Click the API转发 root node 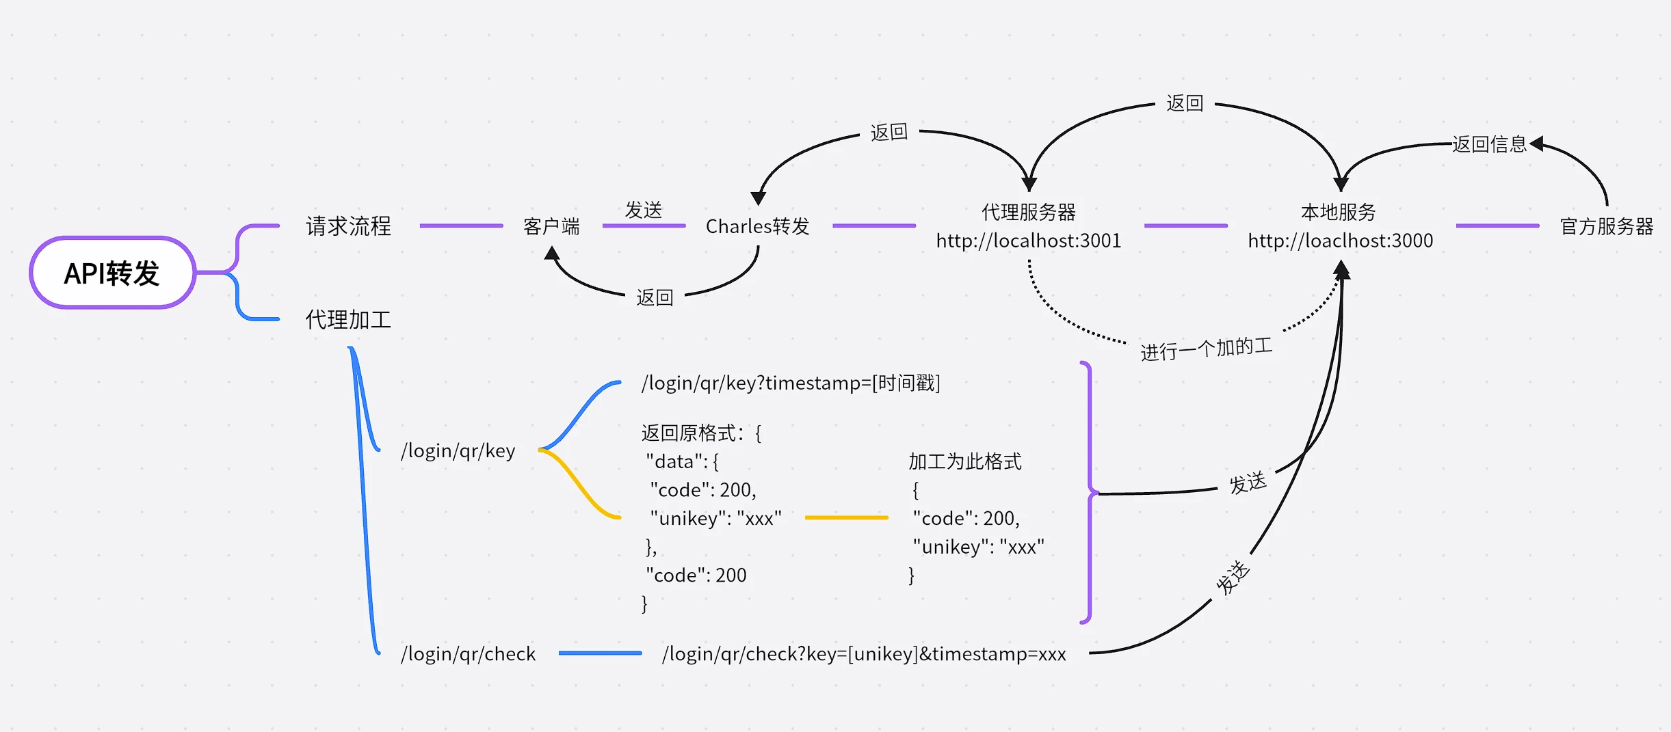112,273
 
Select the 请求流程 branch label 348,226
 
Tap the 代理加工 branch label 348,319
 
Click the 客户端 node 551,226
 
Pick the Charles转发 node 757,226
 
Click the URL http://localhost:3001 1028,241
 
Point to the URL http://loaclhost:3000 1340,241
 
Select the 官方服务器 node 1606,226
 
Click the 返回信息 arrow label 1489,144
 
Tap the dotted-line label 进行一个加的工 1206,349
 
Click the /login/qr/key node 458,450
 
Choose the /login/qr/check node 468,653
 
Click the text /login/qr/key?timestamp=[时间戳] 790,383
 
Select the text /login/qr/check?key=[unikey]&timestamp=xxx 863,653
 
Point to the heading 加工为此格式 964,461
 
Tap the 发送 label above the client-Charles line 643,210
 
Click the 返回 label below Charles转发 655,297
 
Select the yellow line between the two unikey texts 846,518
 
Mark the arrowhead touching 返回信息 1536,144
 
